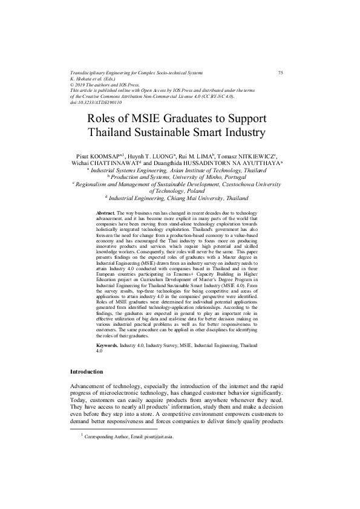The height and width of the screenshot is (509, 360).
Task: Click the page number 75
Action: [x=280, y=73]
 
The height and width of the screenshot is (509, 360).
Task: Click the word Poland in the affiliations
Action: [x=194, y=190]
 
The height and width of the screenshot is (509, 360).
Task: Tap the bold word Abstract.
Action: [x=105, y=214]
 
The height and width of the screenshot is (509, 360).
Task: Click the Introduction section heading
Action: [x=87, y=371]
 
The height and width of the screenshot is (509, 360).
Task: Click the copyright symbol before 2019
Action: [x=73, y=85]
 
